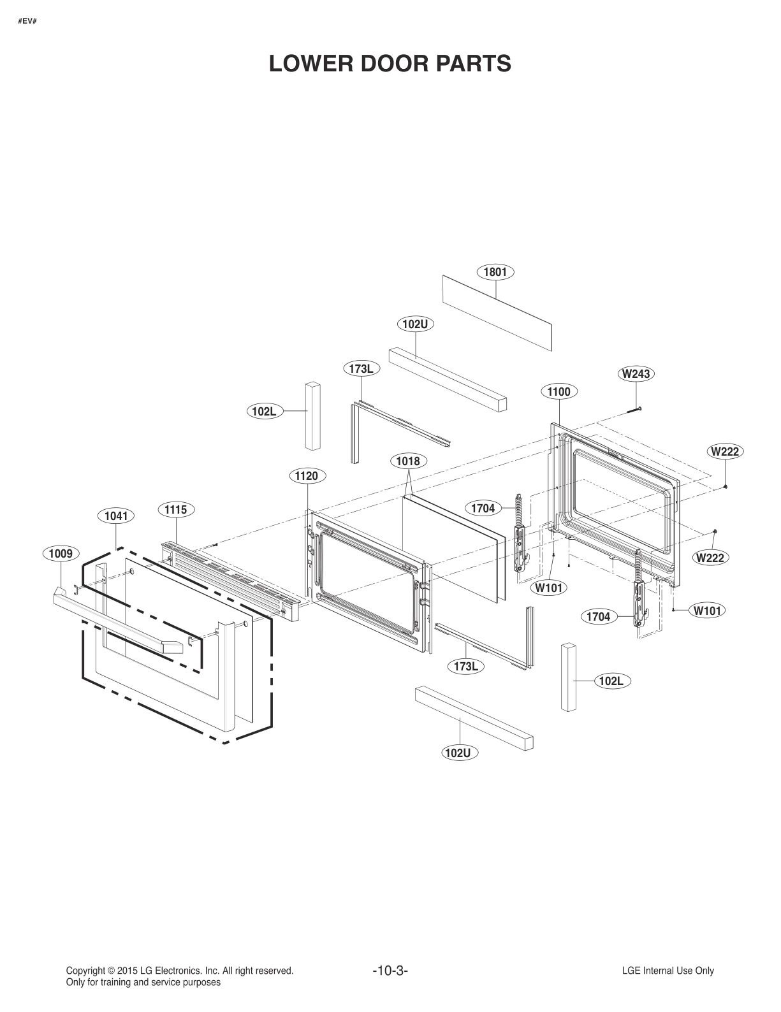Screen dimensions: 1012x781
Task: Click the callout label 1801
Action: point(495,272)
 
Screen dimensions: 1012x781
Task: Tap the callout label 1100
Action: point(558,391)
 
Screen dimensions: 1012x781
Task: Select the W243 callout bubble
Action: point(636,373)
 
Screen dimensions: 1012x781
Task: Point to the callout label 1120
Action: point(307,475)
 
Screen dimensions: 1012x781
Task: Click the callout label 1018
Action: point(408,461)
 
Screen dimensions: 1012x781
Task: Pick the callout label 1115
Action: point(175,509)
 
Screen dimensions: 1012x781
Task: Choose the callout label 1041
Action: point(116,516)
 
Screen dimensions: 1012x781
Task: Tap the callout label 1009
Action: point(61,554)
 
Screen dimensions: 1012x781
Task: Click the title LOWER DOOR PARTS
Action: point(390,64)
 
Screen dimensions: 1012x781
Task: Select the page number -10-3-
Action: point(390,971)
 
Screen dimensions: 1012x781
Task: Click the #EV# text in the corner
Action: point(26,22)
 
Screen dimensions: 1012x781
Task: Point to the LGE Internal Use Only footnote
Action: point(668,971)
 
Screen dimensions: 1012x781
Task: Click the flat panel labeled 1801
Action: point(497,312)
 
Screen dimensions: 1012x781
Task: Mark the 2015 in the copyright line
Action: point(128,971)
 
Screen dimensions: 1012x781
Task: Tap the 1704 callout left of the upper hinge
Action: point(483,508)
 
